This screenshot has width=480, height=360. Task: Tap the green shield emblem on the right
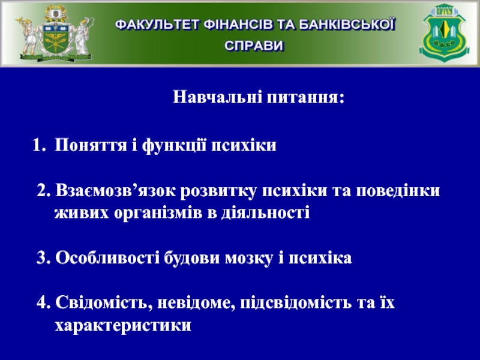coord(444,32)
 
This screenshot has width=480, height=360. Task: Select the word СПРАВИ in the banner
coord(254,46)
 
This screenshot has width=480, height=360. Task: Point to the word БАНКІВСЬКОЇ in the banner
coord(347,25)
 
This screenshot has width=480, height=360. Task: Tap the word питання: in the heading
coord(306,98)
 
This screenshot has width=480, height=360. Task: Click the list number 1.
coord(38,145)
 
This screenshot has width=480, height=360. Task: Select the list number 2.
coord(43,190)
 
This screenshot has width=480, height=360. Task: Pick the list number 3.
coord(43,257)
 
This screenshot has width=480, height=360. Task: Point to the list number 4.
coord(43,303)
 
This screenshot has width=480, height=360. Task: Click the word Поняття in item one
coord(91,145)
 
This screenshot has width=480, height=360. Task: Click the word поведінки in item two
coord(398,191)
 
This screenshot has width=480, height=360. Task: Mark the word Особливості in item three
coord(107,257)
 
